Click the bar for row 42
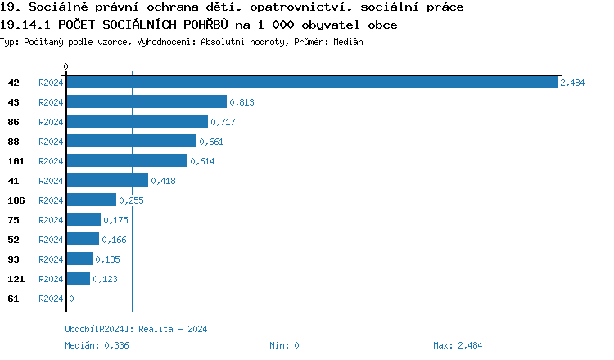[311, 83]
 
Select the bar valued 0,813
[146, 102]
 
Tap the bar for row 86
[137, 122]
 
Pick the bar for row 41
[106, 181]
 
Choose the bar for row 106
[91, 200]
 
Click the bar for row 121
[78, 279]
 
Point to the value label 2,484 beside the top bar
[572, 83]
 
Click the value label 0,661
[211, 142]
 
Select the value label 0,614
[202, 161]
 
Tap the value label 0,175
[115, 220]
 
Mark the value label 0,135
[107, 259]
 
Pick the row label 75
[13, 220]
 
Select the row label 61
[13, 299]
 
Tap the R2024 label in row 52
[51, 240]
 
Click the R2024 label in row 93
[51, 259]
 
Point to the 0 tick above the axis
[66, 65]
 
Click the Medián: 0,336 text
[97, 345]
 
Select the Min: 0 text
[284, 345]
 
